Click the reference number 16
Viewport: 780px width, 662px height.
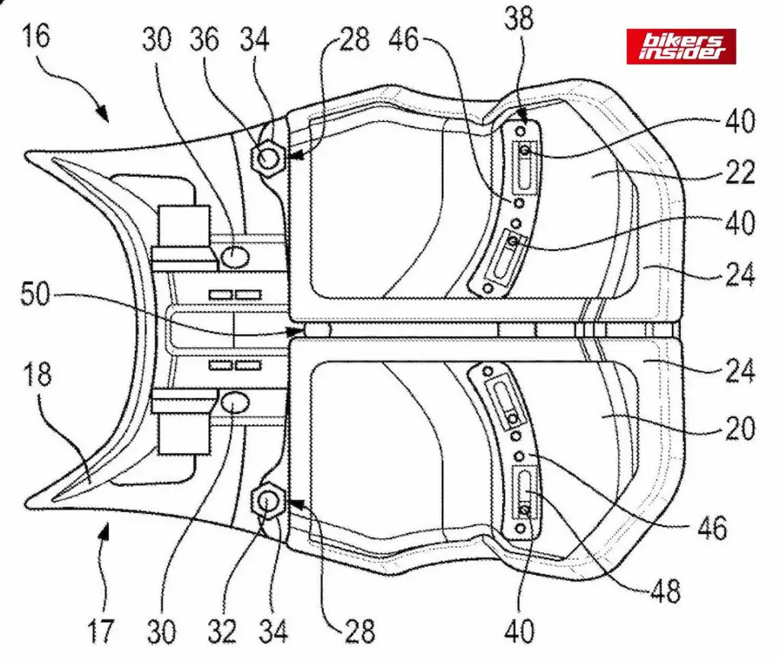tap(37, 37)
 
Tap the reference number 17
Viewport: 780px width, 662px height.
tap(101, 631)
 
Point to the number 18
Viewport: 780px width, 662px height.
tap(37, 374)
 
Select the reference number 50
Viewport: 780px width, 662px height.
tap(35, 294)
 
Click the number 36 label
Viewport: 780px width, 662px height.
tap(204, 39)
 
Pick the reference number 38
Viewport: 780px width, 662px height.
tap(519, 18)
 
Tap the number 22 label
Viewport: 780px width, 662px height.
tap(740, 173)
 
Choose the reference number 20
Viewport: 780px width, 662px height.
tap(740, 429)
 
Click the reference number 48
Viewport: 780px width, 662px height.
tap(665, 592)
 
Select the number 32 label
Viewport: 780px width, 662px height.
tap(221, 631)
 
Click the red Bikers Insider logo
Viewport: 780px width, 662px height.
tap(681, 47)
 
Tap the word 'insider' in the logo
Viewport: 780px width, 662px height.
tap(680, 53)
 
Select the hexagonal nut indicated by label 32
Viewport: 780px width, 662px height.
tap(269, 503)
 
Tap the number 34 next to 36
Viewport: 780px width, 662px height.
tap(254, 39)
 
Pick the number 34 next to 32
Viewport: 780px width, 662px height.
tap(273, 631)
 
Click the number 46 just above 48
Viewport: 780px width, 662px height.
tap(712, 528)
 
